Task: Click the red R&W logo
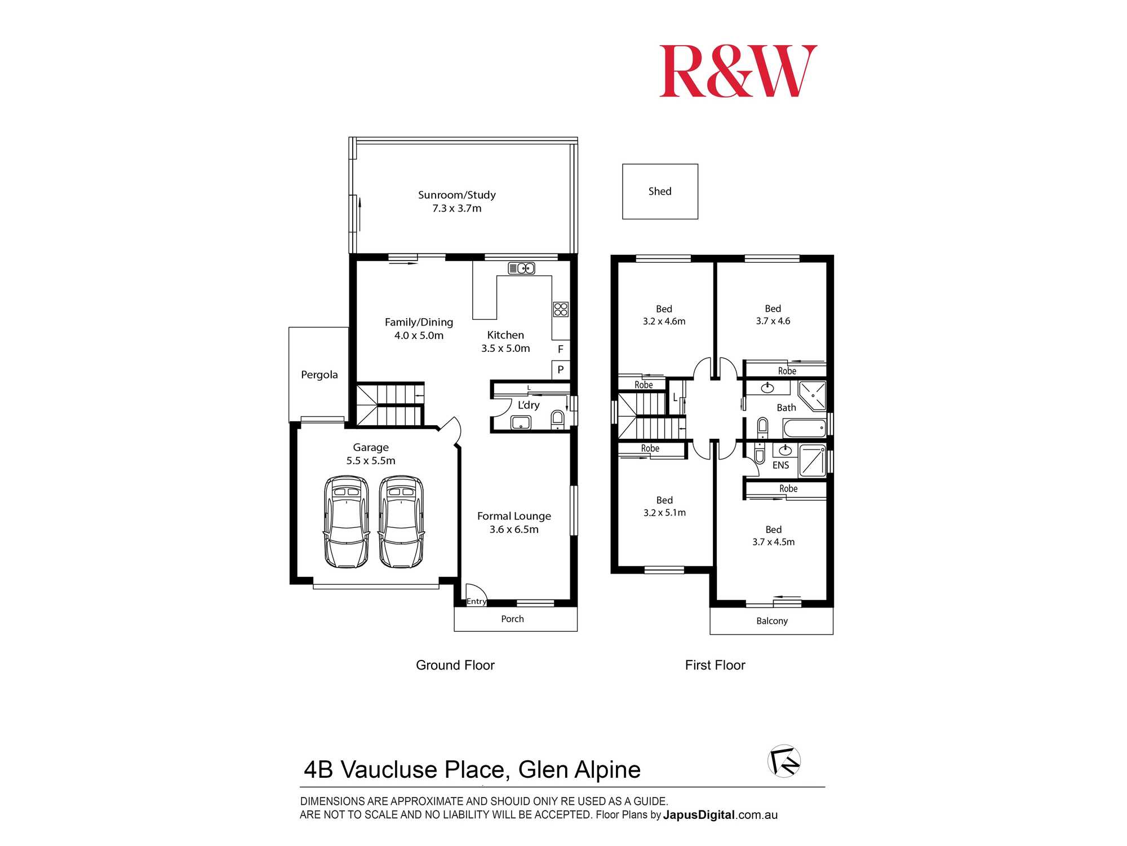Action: [x=738, y=72]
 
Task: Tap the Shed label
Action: [x=659, y=191]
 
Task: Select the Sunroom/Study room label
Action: [x=456, y=195]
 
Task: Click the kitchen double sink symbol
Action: [x=521, y=268]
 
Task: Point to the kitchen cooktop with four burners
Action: [x=561, y=309]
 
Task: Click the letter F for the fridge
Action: [x=560, y=349]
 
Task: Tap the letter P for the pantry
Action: [x=560, y=370]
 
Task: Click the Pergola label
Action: [x=319, y=374]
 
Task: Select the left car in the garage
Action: [x=346, y=522]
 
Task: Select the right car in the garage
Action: [x=401, y=522]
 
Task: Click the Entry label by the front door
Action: [x=476, y=601]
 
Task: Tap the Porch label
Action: [x=512, y=619]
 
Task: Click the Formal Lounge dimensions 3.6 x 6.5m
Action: [x=514, y=530]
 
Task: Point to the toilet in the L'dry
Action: [x=557, y=419]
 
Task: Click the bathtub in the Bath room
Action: [x=804, y=428]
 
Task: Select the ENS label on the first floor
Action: [x=780, y=465]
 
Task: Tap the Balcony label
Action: [x=771, y=621]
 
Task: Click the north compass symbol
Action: [x=784, y=761]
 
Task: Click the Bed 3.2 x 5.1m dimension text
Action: [x=664, y=513]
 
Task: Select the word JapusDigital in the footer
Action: [x=699, y=815]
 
